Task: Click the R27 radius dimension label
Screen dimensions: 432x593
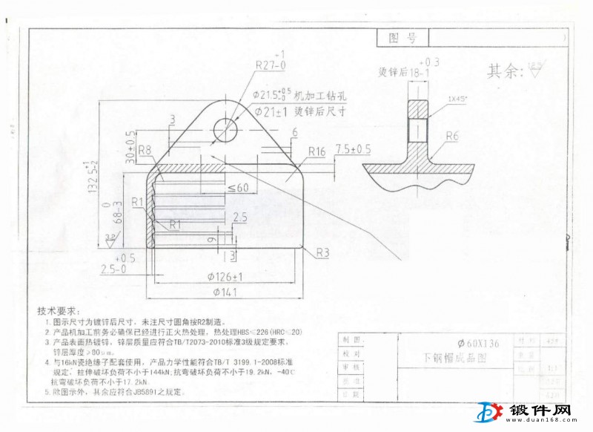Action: coord(268,65)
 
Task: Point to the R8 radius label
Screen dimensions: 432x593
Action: coord(145,150)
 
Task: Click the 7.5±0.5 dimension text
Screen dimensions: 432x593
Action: coord(353,149)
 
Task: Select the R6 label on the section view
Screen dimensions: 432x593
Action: coord(454,136)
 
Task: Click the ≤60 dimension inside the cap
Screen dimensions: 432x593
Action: coord(238,188)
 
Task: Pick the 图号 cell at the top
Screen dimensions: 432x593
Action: coord(402,38)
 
